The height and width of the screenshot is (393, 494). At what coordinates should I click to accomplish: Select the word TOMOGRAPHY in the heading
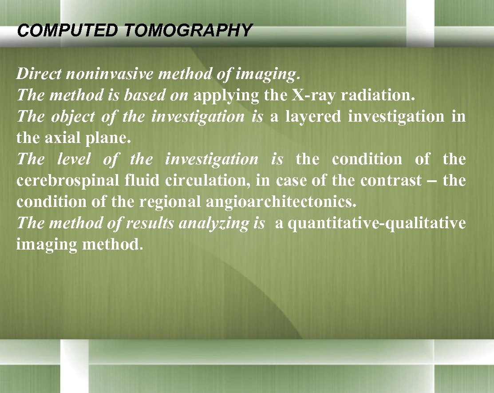tap(189, 31)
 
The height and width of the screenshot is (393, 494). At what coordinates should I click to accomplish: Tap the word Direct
tap(39, 73)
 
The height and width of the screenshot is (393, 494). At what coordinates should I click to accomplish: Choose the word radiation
tap(380, 95)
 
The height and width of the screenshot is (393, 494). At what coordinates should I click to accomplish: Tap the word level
tap(74, 159)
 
